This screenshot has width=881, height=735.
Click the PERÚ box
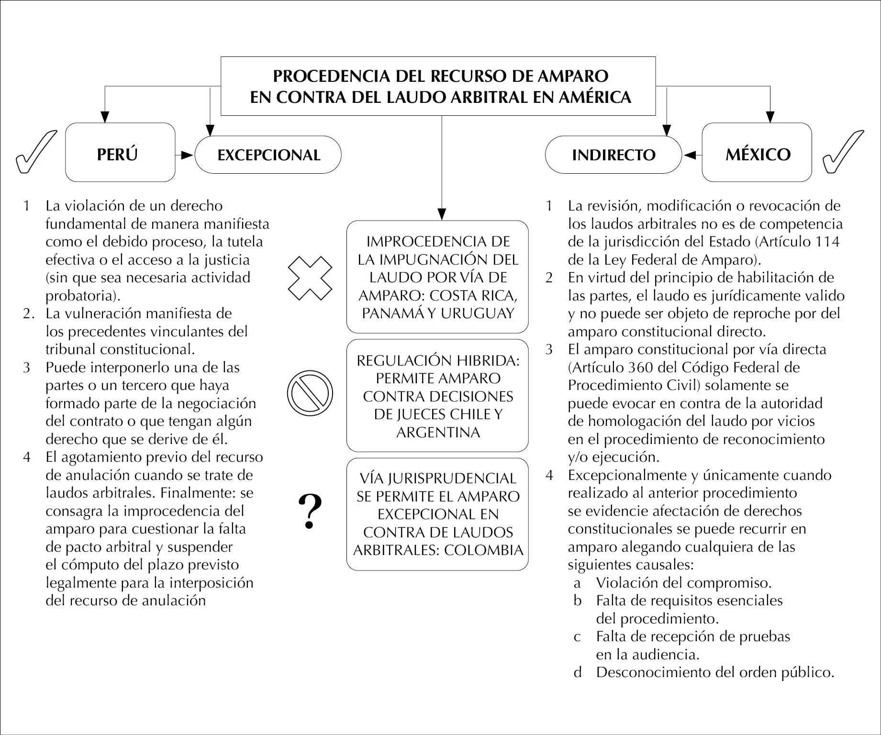point(120,153)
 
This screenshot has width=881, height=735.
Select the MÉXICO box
point(757,153)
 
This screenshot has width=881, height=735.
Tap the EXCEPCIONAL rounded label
point(268,155)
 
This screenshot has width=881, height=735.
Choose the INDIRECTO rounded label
point(613,155)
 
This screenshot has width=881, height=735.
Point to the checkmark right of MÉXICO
point(843,152)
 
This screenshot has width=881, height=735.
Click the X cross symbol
point(310,278)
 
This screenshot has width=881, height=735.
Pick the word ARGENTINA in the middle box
point(438,433)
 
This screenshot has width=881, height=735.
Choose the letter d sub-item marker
point(578,672)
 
